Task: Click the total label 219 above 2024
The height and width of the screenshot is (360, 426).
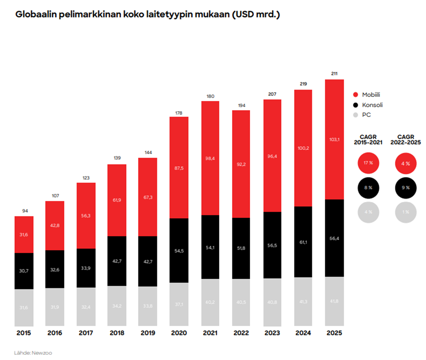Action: pyautogui.click(x=303, y=84)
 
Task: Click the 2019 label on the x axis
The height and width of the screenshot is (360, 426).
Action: pyautogui.click(x=148, y=333)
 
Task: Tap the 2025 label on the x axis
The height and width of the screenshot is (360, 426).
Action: pyautogui.click(x=334, y=333)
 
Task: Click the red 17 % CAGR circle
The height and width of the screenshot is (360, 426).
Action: pyautogui.click(x=368, y=163)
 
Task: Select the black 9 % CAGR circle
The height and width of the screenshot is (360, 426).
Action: pyautogui.click(x=406, y=188)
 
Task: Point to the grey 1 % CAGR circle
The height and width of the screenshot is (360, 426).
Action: pyautogui.click(x=406, y=212)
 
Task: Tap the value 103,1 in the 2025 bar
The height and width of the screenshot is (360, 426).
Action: pyautogui.click(x=334, y=140)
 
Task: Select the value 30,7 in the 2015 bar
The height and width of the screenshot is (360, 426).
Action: pyautogui.click(x=24, y=271)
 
